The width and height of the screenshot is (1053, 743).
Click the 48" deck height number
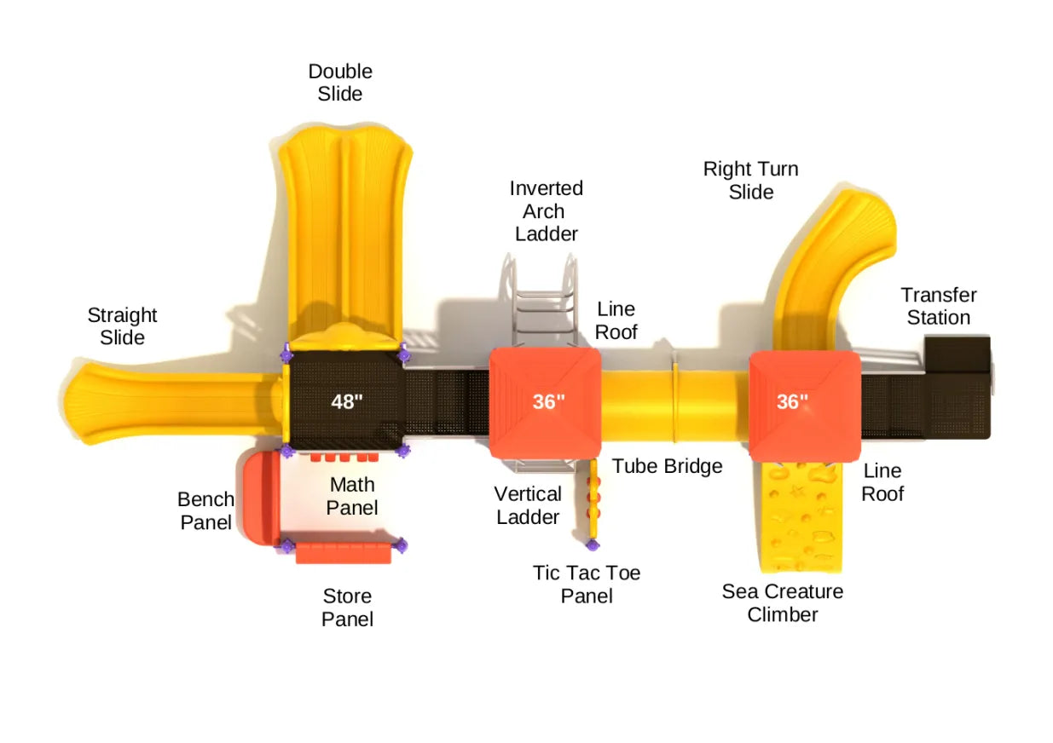coord(347,401)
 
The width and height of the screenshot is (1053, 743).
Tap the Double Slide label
coord(340,83)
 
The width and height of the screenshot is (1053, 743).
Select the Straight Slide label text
coord(122,326)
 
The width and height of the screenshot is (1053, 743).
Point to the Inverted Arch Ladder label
coord(546,210)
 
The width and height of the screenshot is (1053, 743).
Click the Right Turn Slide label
coord(750,180)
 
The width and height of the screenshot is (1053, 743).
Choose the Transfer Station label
coord(938,306)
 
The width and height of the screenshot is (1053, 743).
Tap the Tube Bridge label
coord(667,466)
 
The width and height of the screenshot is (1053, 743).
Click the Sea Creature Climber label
coord(782,602)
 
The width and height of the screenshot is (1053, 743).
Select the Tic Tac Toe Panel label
coord(587,584)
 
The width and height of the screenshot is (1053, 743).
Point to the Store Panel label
coord(347,608)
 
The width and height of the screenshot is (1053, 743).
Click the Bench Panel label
coord(205,510)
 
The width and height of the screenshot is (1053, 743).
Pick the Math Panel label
coord(353,495)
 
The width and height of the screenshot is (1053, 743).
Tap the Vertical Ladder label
coord(528,504)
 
